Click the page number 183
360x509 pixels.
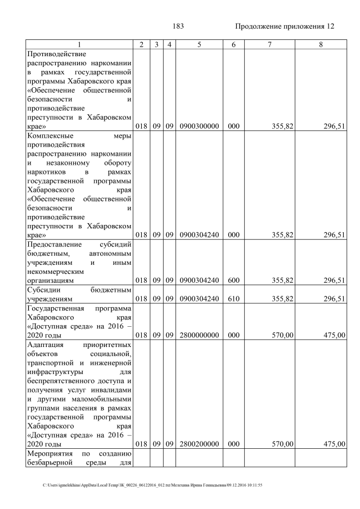(178, 26)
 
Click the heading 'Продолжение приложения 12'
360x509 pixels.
(285, 26)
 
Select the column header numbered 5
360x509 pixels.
(199, 44)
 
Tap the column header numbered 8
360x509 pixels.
(321, 44)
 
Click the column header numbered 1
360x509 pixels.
(79, 44)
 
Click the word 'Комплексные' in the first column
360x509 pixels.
(50, 136)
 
